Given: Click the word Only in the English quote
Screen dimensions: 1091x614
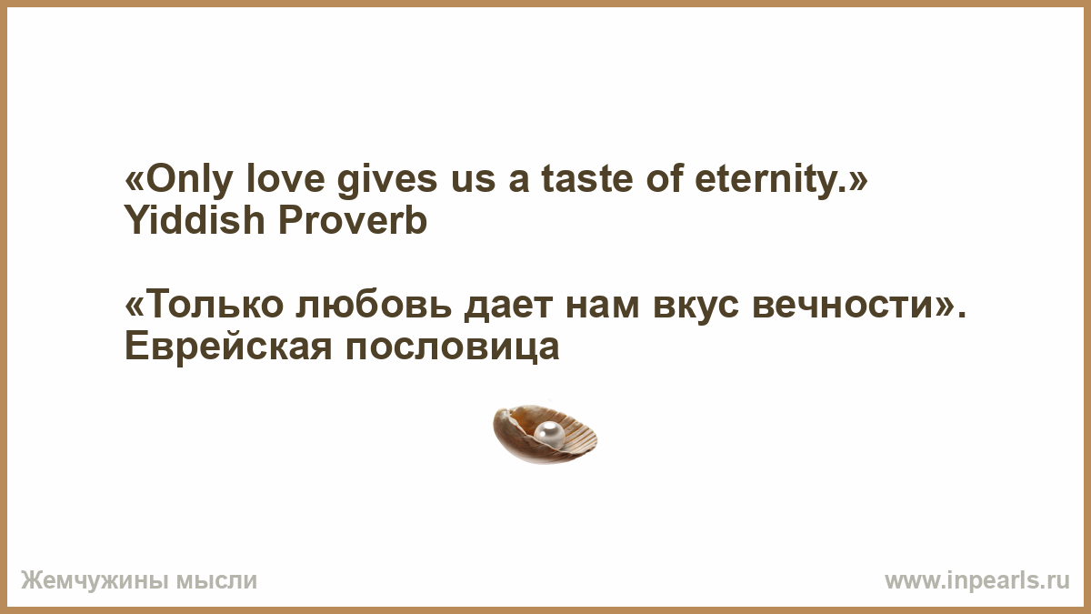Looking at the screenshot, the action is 188,180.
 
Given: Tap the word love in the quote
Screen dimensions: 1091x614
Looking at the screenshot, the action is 285,178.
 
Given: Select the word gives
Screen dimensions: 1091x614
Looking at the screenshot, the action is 387,180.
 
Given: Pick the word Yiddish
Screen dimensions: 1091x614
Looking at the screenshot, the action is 195,220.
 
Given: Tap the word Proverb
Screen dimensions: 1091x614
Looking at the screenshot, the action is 353,220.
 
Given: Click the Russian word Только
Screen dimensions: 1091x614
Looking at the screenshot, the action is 215,304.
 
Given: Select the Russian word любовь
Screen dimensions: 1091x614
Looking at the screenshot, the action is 374,304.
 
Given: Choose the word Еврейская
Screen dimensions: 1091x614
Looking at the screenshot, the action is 228,346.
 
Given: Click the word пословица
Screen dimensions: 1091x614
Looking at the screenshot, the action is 453,347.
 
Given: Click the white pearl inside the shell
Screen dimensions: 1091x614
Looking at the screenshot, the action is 549,434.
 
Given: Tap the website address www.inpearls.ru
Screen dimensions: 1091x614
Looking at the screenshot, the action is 977,581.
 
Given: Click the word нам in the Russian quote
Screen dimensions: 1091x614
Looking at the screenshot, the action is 603,307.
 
